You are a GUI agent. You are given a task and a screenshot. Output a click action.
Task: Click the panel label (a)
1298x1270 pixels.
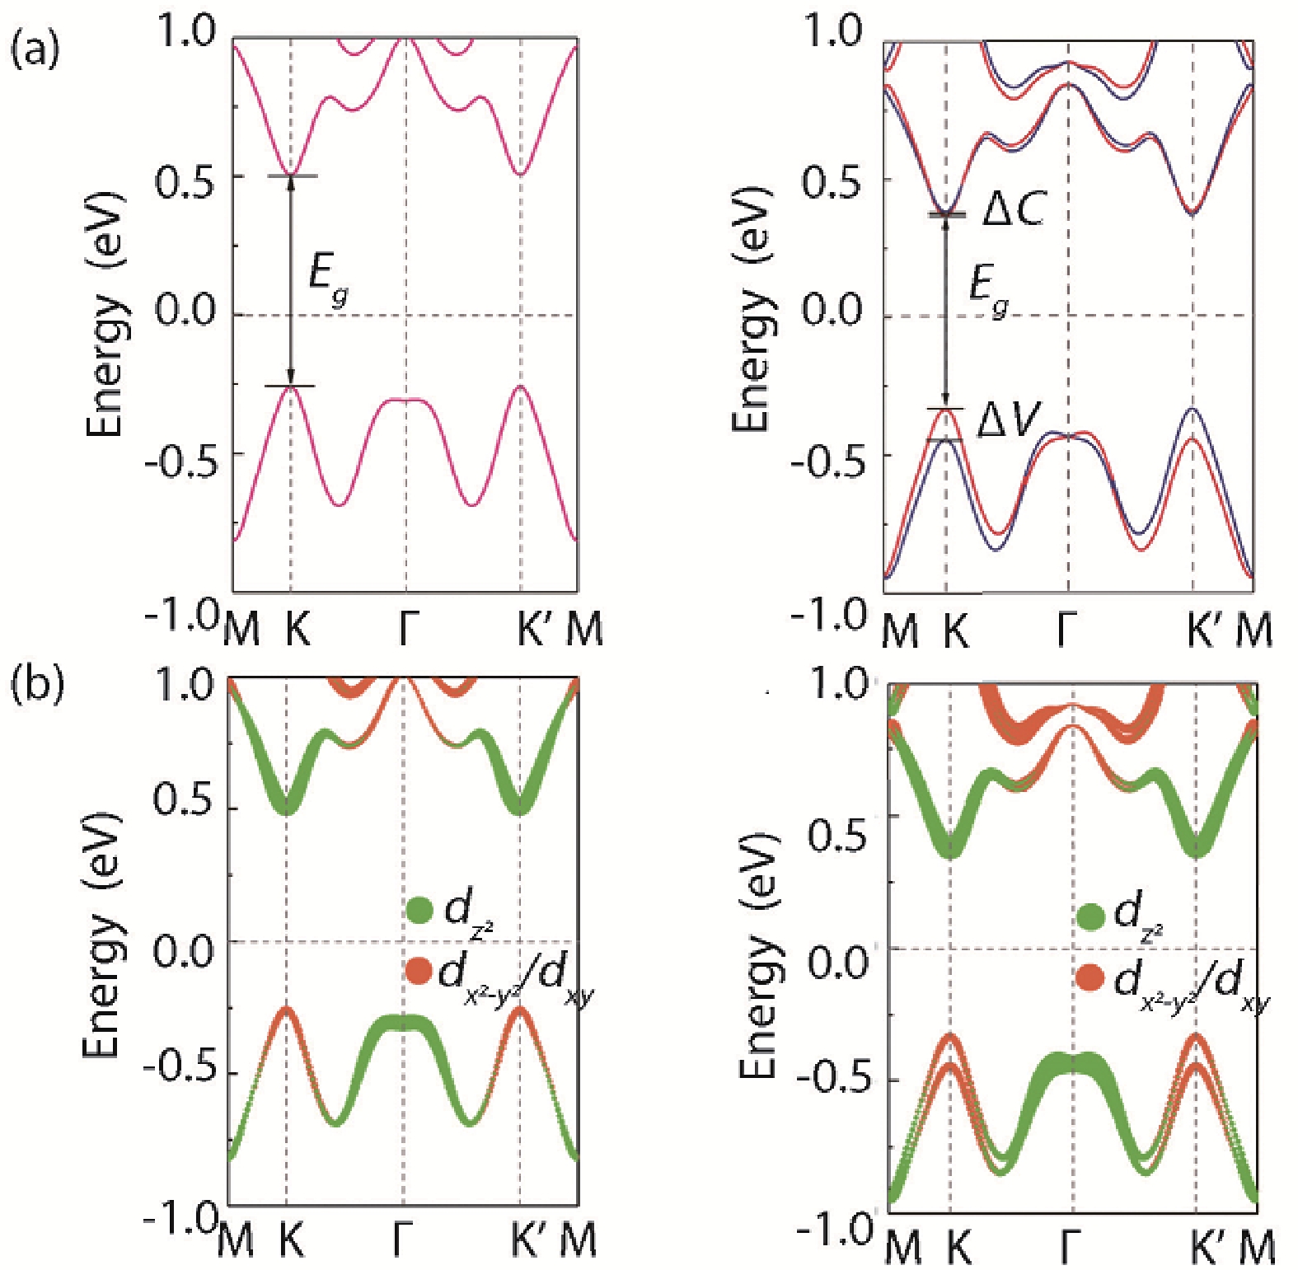point(34,51)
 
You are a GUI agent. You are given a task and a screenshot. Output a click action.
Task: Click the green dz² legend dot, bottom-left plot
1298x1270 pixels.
point(419,910)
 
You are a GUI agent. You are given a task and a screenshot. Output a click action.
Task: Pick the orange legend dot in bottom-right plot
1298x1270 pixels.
point(1090,978)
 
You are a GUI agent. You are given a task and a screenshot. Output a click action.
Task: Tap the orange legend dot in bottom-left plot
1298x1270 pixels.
point(419,970)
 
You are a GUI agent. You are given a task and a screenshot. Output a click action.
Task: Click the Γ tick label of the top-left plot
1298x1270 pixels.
point(406,630)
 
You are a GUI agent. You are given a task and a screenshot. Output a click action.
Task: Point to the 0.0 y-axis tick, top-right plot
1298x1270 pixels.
point(833,313)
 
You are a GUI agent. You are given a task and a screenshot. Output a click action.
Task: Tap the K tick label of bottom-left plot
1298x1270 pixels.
point(291,1241)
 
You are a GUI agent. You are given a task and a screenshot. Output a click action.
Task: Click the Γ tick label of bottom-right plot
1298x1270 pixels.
point(1071,1246)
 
